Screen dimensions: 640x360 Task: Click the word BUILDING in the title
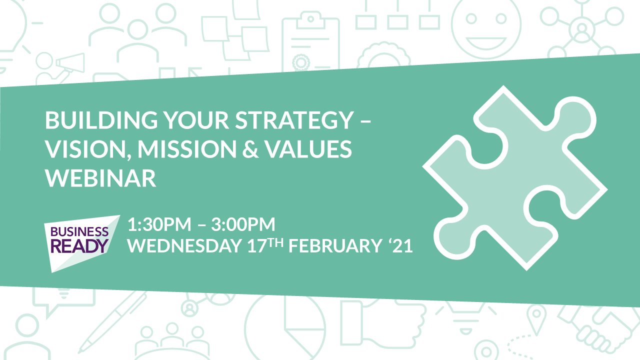101,120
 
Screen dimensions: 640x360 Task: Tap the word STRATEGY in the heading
294,120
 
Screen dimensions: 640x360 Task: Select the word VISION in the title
85,149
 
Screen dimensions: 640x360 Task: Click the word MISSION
187,149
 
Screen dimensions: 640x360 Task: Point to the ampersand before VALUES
250,149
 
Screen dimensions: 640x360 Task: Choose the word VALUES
308,149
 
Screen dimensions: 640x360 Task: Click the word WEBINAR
100,178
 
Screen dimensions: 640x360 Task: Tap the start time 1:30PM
159,224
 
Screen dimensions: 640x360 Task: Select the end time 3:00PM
243,224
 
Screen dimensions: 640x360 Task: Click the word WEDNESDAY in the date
184,245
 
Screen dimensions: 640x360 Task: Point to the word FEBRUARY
335,245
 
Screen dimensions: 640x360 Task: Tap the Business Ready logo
81,243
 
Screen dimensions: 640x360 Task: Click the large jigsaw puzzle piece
514,177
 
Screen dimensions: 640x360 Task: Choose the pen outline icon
112,322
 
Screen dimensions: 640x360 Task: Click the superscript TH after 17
276,243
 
